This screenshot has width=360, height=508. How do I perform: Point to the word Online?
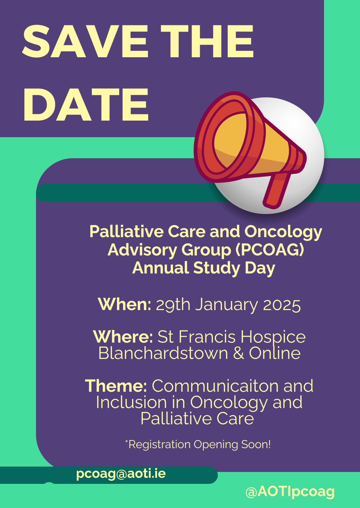pos(277,353)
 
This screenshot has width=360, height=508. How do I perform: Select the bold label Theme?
pos(116,386)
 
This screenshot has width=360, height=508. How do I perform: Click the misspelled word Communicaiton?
pos(233,386)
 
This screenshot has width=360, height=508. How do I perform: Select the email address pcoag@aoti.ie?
pos(121,474)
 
